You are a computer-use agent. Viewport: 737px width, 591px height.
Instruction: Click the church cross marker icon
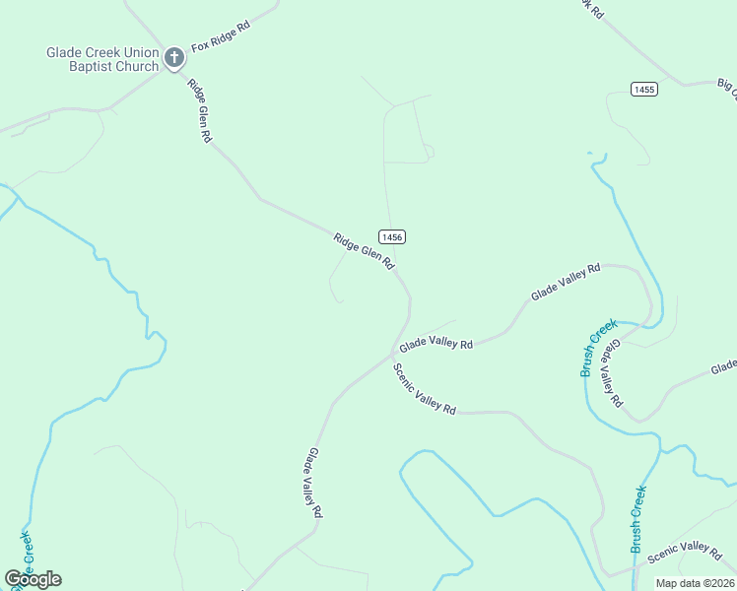(174, 58)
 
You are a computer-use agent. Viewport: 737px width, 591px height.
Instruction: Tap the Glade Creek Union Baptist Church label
(102, 59)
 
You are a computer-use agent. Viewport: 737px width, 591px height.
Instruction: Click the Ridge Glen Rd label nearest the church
(200, 110)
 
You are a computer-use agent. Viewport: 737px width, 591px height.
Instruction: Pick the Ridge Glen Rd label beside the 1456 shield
(364, 251)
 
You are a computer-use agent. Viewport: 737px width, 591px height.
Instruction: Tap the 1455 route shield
(644, 90)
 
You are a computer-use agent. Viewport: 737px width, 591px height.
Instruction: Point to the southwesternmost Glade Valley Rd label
(313, 483)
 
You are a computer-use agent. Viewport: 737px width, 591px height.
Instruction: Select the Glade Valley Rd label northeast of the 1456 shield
(566, 282)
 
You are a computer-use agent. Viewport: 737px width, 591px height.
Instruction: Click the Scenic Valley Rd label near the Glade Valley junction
(425, 389)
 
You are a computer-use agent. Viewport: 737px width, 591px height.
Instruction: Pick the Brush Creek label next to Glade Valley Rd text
(598, 347)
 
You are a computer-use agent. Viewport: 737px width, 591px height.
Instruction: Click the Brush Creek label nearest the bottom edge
(637, 519)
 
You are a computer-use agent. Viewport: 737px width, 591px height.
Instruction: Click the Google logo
(33, 579)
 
